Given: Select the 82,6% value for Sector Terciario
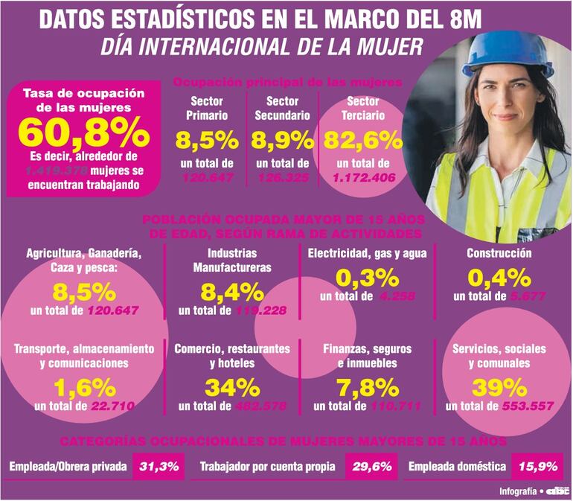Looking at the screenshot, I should pos(362,140).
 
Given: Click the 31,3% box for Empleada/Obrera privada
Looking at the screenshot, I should pos(158,467).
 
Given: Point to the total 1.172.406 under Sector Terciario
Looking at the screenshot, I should pos(362,179).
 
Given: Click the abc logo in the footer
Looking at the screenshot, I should pos(557,491).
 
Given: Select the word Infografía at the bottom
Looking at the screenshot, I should pos(519,491).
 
